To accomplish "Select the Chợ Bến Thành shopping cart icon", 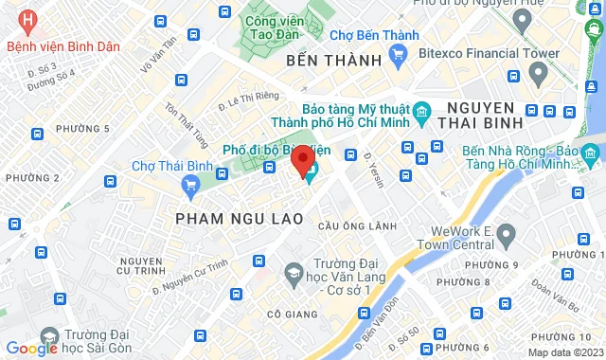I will [399, 54].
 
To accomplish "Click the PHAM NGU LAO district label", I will [239, 219].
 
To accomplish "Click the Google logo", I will [31, 348].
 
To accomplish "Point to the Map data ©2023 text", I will [563, 352].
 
